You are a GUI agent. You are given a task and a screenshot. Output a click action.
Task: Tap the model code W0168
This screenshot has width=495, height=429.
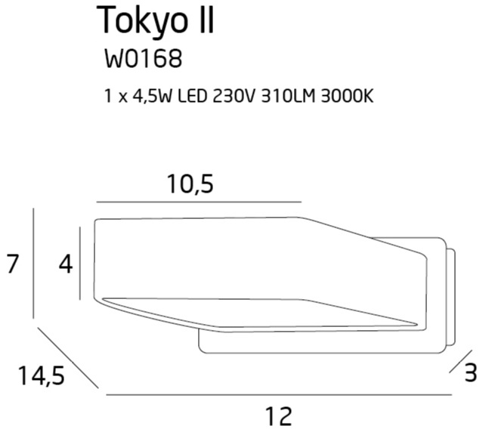pyautogui.click(x=144, y=58)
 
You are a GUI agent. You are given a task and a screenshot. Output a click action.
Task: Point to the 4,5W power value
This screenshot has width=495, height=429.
pyautogui.click(x=152, y=96)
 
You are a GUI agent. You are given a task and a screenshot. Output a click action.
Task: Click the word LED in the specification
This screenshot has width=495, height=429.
pyautogui.click(x=193, y=96)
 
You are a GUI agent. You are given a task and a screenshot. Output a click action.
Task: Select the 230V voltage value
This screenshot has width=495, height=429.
pyautogui.click(x=234, y=96)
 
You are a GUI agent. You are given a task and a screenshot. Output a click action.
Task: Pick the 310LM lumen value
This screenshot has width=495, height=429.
pyautogui.click(x=288, y=96)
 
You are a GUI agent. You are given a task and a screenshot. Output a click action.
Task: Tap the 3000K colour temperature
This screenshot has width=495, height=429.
pyautogui.click(x=347, y=96)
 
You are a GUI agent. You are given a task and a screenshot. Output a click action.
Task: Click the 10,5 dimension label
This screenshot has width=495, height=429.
pyautogui.click(x=190, y=184)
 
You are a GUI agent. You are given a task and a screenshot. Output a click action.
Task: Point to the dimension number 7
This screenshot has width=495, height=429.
pyautogui.click(x=12, y=264)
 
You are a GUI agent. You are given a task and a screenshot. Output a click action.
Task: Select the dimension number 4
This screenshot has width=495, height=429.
pyautogui.click(x=66, y=264)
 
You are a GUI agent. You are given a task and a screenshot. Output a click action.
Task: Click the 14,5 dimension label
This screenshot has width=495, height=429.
pyautogui.click(x=42, y=375)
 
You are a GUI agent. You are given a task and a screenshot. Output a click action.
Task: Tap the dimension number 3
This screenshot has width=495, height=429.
pyautogui.click(x=471, y=372)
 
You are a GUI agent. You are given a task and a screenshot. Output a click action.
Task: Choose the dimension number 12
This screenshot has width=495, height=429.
pyautogui.click(x=279, y=416)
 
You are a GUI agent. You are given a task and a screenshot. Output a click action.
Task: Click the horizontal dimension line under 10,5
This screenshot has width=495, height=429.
pyautogui.click(x=200, y=202)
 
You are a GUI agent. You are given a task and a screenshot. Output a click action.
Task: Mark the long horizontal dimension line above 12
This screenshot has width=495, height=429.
pyautogui.click(x=279, y=394)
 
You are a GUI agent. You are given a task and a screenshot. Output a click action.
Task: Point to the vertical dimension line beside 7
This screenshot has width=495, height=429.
pyautogui.click(x=33, y=264)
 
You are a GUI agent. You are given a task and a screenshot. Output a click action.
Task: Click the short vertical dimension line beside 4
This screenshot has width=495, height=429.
pyautogui.click(x=80, y=264)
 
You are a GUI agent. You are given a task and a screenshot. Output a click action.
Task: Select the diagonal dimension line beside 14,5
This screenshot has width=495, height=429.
pyautogui.click(x=68, y=358)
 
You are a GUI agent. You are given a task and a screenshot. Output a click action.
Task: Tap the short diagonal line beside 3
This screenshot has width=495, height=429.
pyautogui.click(x=460, y=362)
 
